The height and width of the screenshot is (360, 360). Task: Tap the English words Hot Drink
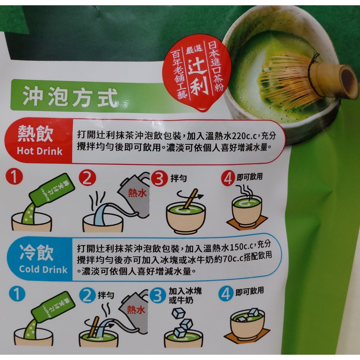[40, 151]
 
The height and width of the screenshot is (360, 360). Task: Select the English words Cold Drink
[43, 269]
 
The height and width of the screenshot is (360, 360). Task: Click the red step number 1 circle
[14, 176]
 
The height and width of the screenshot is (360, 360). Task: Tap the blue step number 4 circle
[226, 294]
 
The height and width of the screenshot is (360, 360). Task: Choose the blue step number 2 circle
[87, 296]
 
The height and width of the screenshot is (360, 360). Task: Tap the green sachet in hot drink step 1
[52, 191]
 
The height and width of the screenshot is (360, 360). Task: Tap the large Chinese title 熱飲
[36, 135]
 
